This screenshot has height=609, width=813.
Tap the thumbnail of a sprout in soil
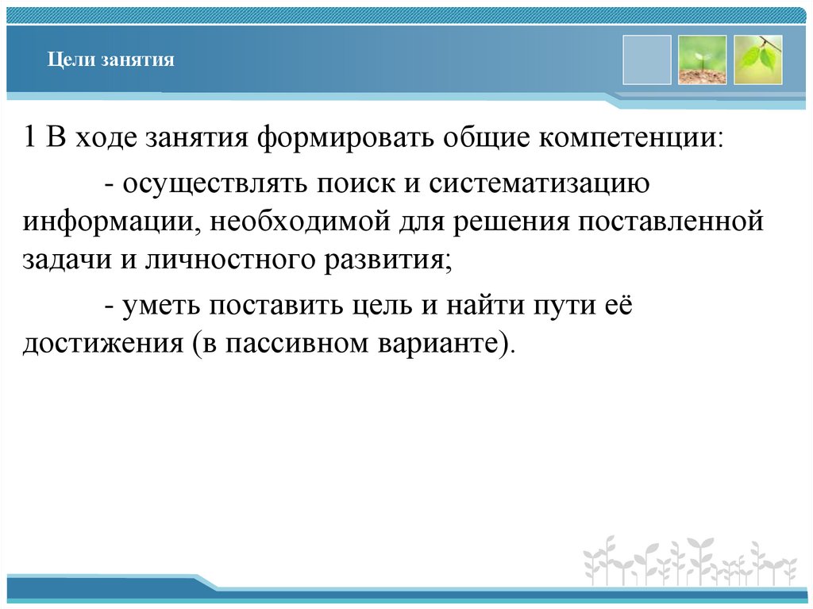702,60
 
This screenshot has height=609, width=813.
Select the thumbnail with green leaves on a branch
758,60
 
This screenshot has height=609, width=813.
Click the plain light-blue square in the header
646,60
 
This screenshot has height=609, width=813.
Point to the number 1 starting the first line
29,137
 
